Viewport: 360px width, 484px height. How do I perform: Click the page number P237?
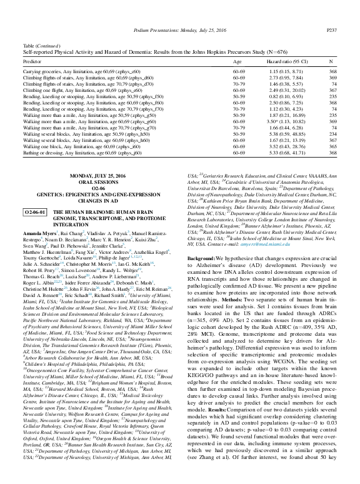coord(331,12)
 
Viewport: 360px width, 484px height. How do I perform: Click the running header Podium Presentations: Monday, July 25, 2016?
coord(180,12)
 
